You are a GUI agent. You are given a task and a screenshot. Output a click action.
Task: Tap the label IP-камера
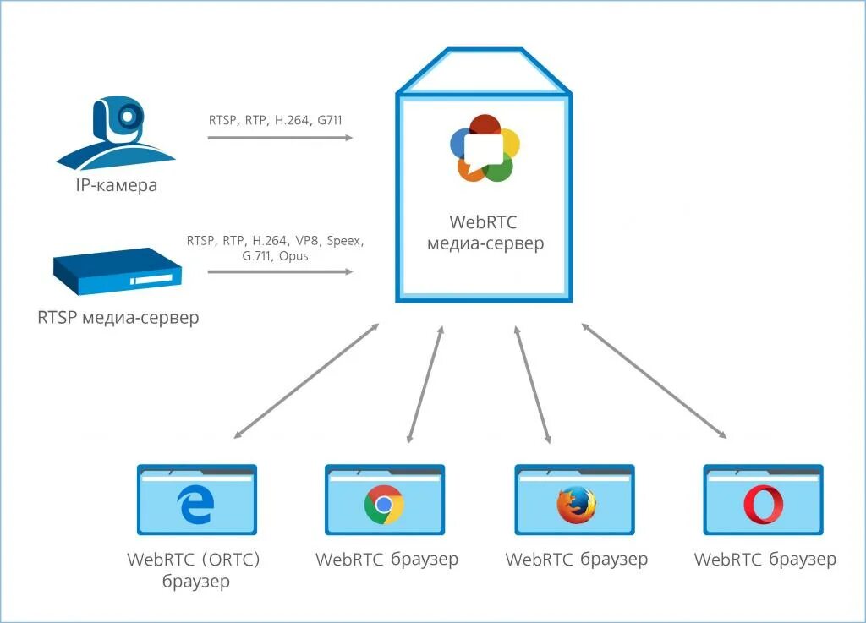pyautogui.click(x=117, y=185)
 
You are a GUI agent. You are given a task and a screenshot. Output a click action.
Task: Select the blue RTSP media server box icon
pyautogui.click(x=118, y=271)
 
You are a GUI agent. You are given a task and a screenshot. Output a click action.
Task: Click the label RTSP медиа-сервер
pyautogui.click(x=118, y=318)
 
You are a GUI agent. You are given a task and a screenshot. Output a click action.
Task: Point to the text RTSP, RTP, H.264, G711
pyautogui.click(x=276, y=120)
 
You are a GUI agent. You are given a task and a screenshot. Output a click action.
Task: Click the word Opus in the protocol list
pyautogui.click(x=293, y=256)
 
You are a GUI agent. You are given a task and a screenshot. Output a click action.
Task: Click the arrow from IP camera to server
pyautogui.click(x=280, y=138)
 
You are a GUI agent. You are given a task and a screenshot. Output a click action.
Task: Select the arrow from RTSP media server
pyautogui.click(x=280, y=271)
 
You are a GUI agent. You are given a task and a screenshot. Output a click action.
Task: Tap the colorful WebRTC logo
pyautogui.click(x=485, y=148)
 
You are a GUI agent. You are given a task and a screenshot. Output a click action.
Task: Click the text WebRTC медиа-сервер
pyautogui.click(x=485, y=232)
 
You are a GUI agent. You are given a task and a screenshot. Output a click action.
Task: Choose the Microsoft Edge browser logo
pyautogui.click(x=195, y=505)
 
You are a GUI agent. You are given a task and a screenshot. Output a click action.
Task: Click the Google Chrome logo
pyautogui.click(x=384, y=505)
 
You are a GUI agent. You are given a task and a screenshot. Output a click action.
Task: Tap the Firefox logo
pyautogui.click(x=576, y=505)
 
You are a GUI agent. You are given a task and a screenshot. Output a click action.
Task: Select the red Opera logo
pyautogui.click(x=764, y=505)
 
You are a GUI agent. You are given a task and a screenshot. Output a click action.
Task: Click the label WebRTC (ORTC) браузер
pyautogui.click(x=194, y=570)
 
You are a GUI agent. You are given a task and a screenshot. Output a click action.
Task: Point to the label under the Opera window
pyautogui.click(x=765, y=560)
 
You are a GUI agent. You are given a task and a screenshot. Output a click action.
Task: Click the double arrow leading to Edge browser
pyautogui.click(x=306, y=380)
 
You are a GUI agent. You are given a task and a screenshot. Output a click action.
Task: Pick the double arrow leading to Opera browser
pyautogui.click(x=654, y=380)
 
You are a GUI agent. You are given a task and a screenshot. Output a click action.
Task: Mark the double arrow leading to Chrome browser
pyautogui.click(x=425, y=385)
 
